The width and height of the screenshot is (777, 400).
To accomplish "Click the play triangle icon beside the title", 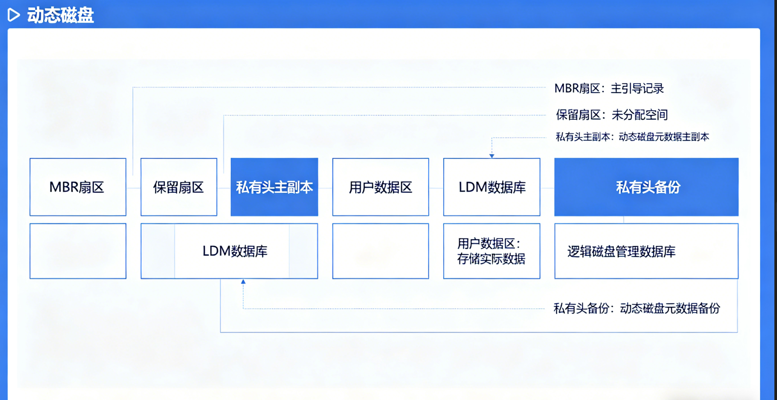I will click(x=14, y=15).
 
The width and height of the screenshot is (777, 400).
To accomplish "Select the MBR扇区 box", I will click(x=78, y=187).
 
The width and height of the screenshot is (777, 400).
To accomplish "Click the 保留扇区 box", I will click(x=179, y=187).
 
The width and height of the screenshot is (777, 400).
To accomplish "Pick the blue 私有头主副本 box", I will click(x=274, y=187).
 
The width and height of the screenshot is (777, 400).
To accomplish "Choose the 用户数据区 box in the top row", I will click(x=381, y=187).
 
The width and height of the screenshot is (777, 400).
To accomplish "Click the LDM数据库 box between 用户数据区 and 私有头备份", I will click(x=492, y=187).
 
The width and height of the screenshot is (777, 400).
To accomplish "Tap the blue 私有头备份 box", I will click(x=646, y=187).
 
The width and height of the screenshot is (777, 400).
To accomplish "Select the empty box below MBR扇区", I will click(x=78, y=251).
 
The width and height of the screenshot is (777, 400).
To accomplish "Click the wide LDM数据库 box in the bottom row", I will click(x=230, y=251).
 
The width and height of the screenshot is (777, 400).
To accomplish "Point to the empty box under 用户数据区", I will click(x=381, y=251).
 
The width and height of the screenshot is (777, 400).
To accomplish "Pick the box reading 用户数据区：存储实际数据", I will click(x=492, y=251).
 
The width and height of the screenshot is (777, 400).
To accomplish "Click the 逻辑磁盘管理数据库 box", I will click(x=646, y=251).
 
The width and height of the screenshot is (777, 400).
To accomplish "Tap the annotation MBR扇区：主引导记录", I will click(x=609, y=89).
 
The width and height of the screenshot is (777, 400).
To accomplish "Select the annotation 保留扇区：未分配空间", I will click(x=611, y=115).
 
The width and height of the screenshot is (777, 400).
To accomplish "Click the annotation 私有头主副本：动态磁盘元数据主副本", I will click(x=632, y=137).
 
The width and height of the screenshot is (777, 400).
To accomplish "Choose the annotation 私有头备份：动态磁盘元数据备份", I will click(x=636, y=309).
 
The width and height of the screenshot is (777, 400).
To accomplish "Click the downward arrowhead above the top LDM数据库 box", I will click(x=492, y=155).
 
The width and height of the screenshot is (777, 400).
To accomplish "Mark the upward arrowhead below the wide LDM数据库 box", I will click(x=243, y=282).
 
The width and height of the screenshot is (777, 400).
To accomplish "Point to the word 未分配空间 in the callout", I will click(x=640, y=115).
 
